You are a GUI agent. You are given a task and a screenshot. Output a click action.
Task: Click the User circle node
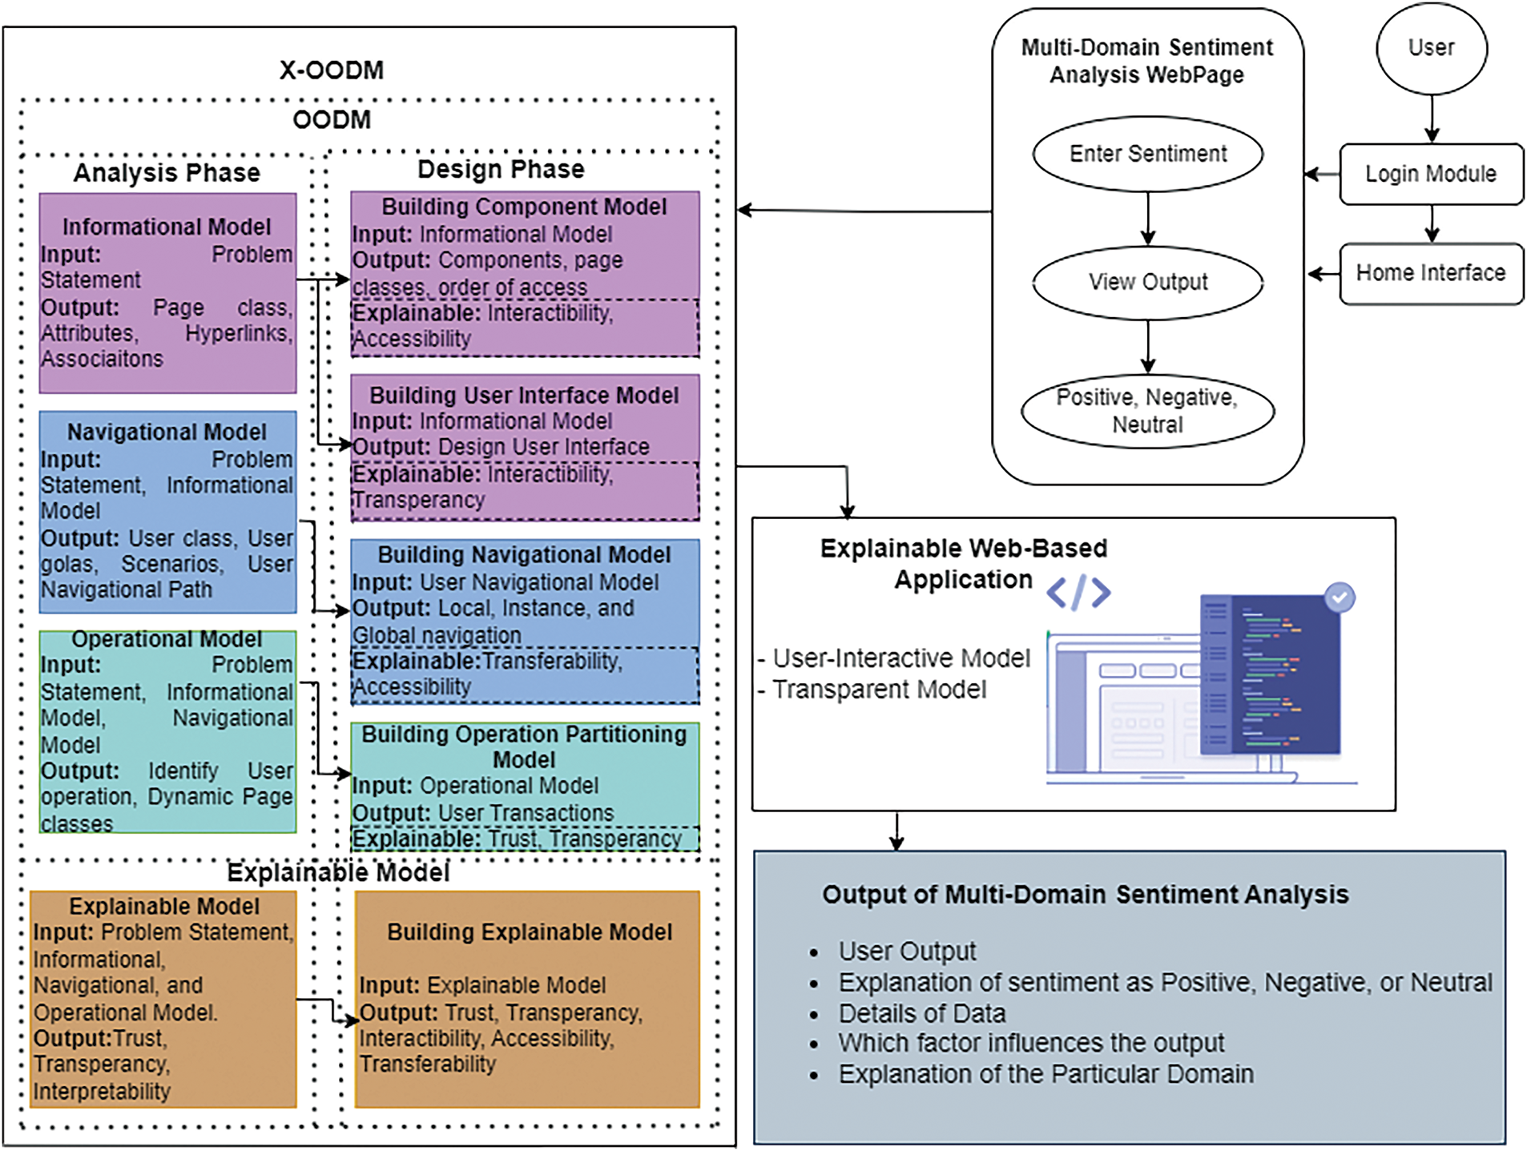1431,48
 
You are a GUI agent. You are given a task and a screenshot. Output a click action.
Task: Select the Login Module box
1431,174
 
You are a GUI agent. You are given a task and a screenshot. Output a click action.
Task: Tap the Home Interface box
1431,273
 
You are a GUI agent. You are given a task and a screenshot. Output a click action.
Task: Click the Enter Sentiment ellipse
1147,154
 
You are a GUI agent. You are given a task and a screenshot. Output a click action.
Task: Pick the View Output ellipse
1147,282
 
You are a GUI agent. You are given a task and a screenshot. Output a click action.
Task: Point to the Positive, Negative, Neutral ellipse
1147,411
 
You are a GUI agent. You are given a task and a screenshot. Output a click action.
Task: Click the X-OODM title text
332,70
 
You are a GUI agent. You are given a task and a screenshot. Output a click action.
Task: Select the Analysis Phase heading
167,173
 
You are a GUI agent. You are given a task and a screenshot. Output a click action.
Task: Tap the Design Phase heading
501,170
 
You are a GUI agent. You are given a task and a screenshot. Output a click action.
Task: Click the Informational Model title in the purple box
167,227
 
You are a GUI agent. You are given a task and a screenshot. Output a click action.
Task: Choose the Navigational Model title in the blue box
167,433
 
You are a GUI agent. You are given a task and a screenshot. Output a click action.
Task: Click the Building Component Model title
524,207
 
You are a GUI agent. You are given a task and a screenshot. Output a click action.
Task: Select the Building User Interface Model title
524,396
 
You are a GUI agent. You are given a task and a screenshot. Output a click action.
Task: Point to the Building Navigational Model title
524,555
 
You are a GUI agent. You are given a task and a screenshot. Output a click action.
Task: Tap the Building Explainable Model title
530,932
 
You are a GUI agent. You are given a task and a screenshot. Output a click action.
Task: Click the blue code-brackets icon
1078,593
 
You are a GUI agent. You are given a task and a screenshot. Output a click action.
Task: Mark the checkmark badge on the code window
1340,598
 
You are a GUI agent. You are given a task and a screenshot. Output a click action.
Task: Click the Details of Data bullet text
921,1013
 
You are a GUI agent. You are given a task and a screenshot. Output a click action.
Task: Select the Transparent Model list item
879,690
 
